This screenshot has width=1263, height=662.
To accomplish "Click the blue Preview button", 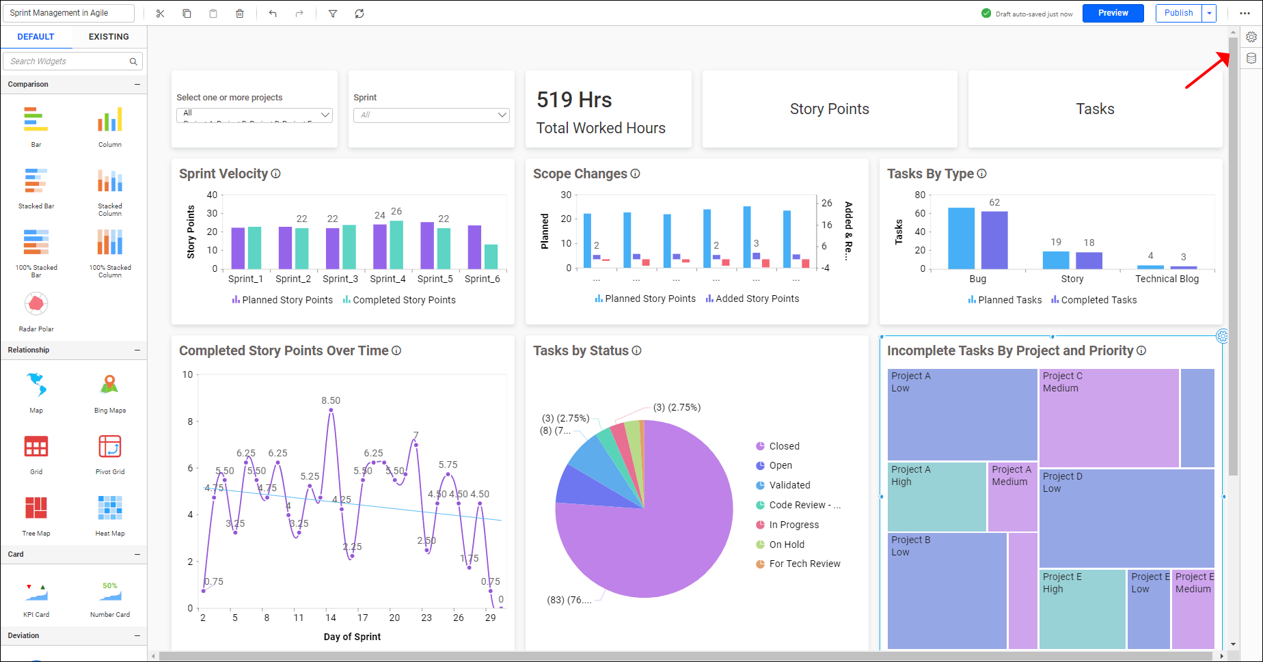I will click(1113, 13).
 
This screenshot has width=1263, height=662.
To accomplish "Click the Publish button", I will click(1178, 13).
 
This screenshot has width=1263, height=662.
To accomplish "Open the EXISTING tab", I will click(109, 37).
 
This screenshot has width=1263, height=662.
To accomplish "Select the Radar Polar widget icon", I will click(36, 305).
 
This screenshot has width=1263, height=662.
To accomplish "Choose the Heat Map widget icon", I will click(110, 508).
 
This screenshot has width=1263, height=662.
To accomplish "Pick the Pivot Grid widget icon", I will click(110, 447).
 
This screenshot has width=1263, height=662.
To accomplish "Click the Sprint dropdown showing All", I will click(431, 115).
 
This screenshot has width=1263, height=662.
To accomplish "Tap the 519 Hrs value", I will click(574, 100).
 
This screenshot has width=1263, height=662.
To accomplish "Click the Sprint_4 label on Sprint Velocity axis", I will click(388, 279).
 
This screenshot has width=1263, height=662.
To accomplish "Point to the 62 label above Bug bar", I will click(994, 202).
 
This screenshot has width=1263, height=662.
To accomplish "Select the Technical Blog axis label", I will click(1167, 279).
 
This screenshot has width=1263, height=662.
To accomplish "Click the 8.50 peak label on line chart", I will click(331, 400).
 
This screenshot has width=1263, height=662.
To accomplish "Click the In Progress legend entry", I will click(793, 525).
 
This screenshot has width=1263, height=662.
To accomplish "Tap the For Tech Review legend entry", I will click(804, 564).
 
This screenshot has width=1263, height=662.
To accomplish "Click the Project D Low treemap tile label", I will click(1062, 482).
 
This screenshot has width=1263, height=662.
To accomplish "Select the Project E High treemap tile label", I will click(1062, 583).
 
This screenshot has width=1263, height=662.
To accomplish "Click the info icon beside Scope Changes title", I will click(635, 174).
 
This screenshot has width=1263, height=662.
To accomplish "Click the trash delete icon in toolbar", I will click(240, 14).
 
